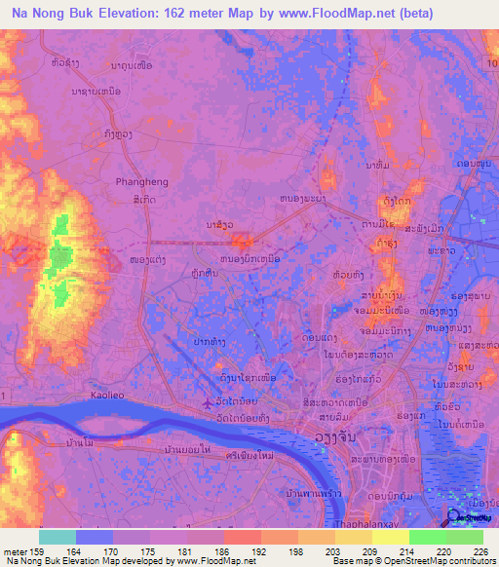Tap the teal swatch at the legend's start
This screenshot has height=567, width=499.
tap(58, 537)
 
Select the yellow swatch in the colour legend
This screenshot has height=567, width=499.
tap(390, 537)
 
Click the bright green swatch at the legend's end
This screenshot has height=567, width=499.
tap(464, 537)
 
